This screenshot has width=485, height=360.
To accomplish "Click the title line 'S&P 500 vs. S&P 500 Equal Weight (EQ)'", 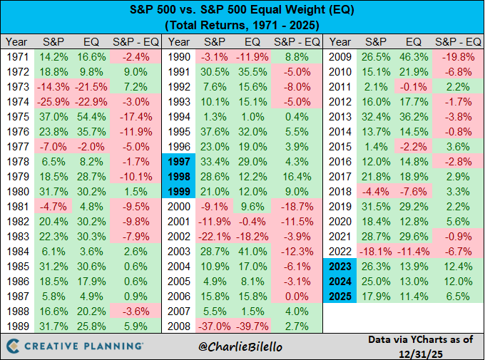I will tap(243, 10).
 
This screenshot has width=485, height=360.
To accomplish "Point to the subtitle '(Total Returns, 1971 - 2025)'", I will tap(243, 25).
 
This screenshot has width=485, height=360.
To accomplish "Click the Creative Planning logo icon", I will tap(14, 346).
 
